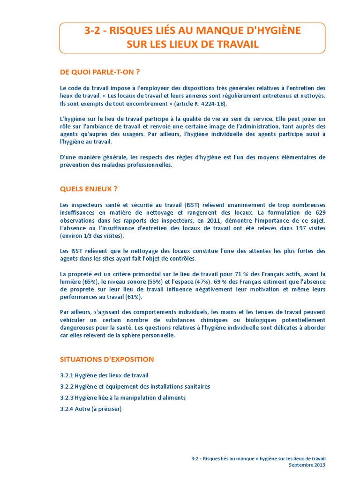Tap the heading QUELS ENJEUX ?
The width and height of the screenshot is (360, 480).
point(89,189)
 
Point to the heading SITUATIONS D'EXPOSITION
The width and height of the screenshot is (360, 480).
point(107,360)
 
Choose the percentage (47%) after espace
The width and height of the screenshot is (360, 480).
point(201,282)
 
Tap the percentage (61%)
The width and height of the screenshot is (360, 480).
point(133,297)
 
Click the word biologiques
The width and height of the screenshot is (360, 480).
point(251,320)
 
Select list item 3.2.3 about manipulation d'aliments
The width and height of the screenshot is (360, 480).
point(123,397)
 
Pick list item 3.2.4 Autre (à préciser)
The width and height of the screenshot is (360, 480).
point(90,409)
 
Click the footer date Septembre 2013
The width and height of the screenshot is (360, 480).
point(307,465)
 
